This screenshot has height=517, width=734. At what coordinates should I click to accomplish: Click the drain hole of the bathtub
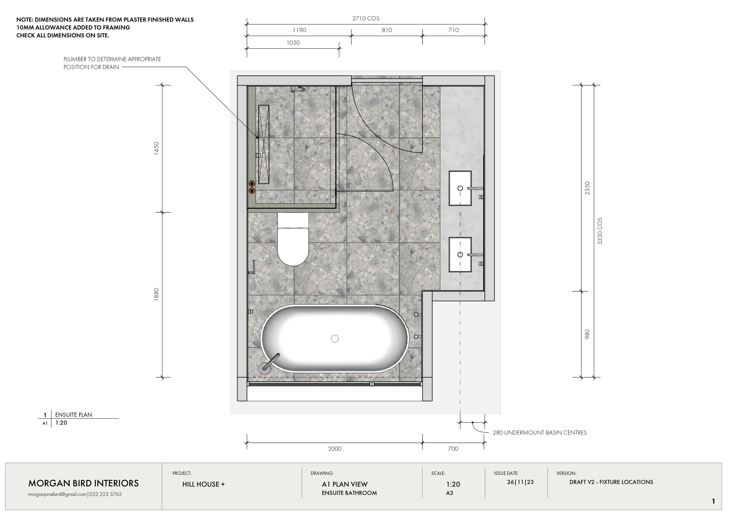335,338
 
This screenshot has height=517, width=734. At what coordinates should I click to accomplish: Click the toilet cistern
293,220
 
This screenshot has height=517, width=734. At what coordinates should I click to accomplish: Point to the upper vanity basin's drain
460,188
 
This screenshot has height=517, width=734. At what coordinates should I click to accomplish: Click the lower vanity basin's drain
460,254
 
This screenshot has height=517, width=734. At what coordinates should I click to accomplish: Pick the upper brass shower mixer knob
252,183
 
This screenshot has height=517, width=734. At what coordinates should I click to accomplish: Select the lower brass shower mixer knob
252,190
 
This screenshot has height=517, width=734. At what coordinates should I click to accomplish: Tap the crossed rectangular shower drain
264,144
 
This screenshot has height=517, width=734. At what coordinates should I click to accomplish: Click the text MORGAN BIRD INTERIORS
83,483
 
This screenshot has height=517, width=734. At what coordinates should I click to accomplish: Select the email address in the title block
58,494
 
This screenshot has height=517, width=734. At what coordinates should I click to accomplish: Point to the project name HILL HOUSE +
203,484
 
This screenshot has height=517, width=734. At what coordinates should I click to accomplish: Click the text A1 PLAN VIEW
345,484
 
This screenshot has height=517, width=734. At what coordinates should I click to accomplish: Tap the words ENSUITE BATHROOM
349,493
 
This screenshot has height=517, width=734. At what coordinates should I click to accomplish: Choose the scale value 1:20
453,484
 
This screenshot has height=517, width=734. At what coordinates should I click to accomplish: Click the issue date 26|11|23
520,482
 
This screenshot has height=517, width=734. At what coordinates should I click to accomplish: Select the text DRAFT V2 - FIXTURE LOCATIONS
611,482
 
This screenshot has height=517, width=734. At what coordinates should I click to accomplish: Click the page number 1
713,501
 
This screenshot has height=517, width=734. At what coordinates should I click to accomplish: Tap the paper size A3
450,493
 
